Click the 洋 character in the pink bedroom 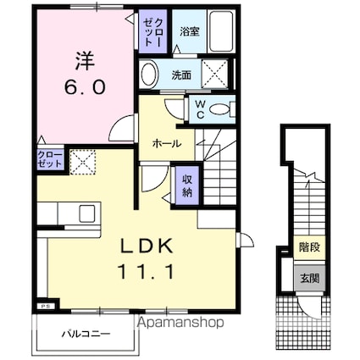84,62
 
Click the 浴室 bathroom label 189,31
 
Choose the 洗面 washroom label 180,75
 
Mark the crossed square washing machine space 217,75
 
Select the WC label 200,108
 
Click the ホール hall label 166,144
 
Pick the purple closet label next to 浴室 151,32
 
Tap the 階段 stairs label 308,247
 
